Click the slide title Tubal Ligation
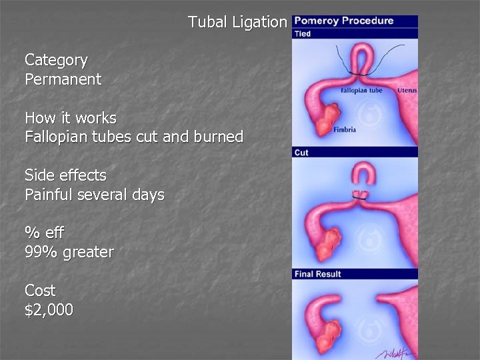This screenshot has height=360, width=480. coord(237,22)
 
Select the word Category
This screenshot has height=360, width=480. coord(56,60)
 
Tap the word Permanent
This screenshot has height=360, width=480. coord(63,79)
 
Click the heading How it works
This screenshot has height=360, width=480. coord(70,118)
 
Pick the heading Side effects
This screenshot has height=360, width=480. coord(65,175)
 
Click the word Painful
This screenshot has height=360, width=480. coord(49,195)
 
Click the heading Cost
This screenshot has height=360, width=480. coord(40,291)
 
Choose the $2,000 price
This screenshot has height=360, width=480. coord(49,310)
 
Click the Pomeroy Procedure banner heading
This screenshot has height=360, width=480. coord(344,21)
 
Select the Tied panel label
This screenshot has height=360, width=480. coord(303,33)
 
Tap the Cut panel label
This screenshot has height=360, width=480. coord(301,153)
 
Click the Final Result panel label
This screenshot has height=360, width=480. coord(317,274)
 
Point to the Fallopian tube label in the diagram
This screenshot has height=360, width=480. coord(361,90)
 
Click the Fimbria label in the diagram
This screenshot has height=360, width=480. coord(345,129)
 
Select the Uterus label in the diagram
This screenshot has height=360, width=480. coord(407,90)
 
